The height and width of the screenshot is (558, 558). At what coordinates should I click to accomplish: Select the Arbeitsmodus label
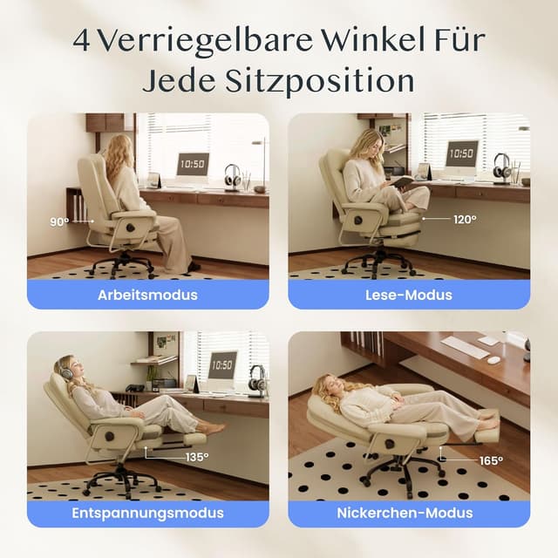point(147,295)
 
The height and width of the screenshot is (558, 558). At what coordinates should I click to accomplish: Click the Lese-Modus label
point(409,295)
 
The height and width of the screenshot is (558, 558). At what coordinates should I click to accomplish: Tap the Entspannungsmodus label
point(147,513)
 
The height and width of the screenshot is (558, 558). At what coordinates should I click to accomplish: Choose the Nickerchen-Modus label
point(409,513)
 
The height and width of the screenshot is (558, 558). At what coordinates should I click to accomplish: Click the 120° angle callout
point(465,220)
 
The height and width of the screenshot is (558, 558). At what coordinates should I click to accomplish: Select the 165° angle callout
point(493,459)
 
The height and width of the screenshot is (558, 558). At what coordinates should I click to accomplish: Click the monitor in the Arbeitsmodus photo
point(193,164)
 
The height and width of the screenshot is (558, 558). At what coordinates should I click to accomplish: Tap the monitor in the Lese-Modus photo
point(461,153)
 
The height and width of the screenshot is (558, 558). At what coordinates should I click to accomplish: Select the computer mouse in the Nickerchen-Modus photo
point(494,359)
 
